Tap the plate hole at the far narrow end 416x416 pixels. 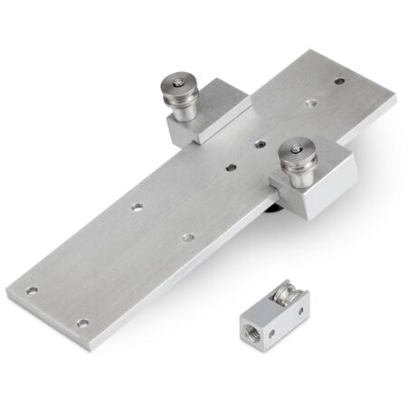(x=339, y=80)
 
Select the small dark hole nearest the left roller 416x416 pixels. (x=260, y=143)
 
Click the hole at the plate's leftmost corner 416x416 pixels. (x=33, y=291)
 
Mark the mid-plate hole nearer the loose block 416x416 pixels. (x=187, y=237)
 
